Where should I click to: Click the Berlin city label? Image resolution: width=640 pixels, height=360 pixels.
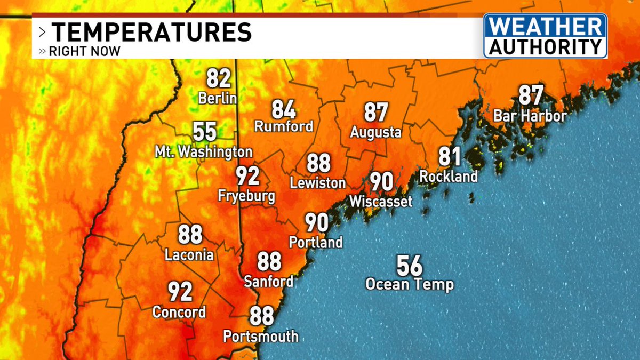[217, 99]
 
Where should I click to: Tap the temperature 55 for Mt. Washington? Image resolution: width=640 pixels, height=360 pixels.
[205, 131]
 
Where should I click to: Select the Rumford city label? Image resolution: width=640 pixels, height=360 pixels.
[283, 127]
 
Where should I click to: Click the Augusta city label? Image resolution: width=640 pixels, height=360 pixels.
[375, 132]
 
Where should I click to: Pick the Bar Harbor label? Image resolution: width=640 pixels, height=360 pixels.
[530, 116]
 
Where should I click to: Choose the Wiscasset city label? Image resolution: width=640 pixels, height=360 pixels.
[381, 202]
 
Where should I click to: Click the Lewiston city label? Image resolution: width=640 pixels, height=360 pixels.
[318, 183]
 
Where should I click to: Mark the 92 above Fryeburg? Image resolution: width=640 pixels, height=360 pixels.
[248, 175]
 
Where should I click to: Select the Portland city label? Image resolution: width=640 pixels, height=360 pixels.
[316, 242]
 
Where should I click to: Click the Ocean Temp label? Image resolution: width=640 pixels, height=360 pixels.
[409, 284]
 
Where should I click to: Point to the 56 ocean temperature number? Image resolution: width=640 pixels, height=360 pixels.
[409, 265]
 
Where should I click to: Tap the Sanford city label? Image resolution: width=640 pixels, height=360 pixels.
[269, 281]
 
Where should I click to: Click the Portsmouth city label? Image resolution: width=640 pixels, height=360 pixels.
[261, 337]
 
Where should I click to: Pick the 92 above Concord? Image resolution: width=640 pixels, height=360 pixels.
[180, 292]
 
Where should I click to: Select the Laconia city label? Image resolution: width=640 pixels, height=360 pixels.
[189, 255]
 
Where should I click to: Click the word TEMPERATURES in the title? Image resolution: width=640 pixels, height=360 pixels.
[151, 32]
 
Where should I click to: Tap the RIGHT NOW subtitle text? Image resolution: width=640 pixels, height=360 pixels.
[84, 52]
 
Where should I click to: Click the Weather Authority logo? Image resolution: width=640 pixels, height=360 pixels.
[545, 36]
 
